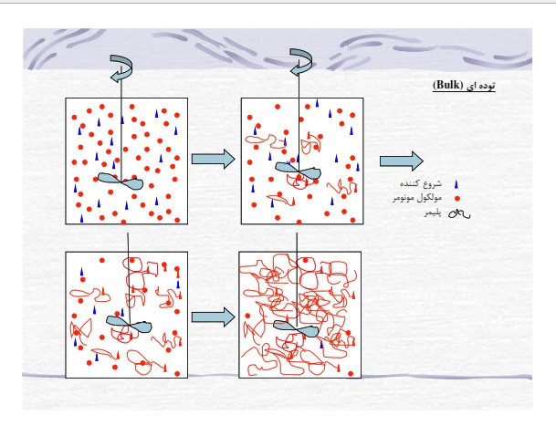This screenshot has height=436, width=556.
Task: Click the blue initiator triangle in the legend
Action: pos(456,184)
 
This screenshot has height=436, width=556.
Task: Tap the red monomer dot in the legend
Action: pos(457,199)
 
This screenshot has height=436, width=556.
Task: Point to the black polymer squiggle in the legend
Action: pos(459,213)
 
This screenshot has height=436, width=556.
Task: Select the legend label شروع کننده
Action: pos(421,183)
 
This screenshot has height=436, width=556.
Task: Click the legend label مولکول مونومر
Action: pos(417,198)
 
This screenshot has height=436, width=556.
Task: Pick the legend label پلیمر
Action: pos(433,213)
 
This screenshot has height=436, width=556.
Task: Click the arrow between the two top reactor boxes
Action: pos(213,159)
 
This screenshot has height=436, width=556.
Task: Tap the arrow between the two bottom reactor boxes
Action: pos(213,317)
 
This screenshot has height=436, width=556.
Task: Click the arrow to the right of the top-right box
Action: pos(402,161)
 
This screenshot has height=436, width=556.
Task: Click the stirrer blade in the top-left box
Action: pos(121,182)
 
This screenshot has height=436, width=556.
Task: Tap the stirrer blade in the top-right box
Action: pos(299,171)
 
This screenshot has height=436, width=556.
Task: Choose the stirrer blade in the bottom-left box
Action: pos(129,324)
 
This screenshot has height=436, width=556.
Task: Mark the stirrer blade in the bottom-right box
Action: pos(296,328)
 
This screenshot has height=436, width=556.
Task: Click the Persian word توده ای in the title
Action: pos(480,86)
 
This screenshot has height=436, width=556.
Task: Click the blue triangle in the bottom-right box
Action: pos(321,344)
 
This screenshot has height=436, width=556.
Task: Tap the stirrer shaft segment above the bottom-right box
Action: pos(297,242)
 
